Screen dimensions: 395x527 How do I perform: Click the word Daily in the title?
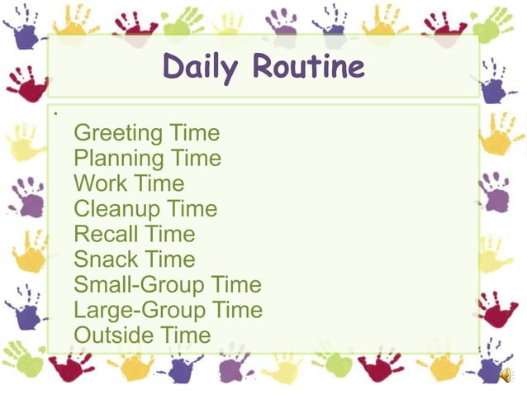pos(202,67)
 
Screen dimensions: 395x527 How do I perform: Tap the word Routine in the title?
pos(308,66)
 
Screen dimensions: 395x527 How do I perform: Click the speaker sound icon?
pos(506,375)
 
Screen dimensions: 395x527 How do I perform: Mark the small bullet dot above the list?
pos(53,112)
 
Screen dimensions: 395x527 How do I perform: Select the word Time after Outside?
pos(185,336)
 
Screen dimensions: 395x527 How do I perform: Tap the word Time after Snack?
pos(169,259)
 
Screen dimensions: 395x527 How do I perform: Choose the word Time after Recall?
pos(169,235)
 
